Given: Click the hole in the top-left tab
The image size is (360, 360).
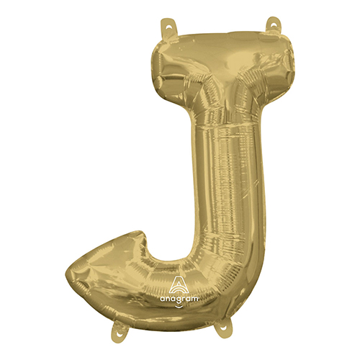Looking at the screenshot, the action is pos(168,24).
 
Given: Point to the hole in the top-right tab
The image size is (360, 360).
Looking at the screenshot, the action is pos(274,23).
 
